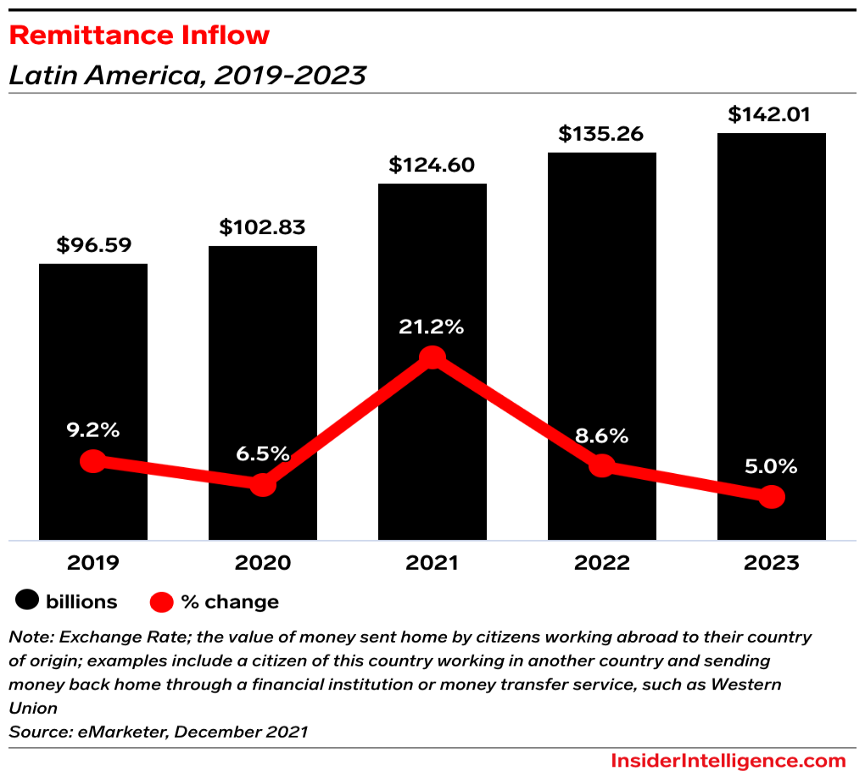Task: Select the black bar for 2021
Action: [432, 254]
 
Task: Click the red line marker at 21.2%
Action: [432, 358]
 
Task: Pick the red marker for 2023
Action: [771, 498]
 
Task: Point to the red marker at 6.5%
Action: [263, 485]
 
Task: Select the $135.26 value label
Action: [600, 134]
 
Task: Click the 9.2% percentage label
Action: [92, 430]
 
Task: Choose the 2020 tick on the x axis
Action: [263, 563]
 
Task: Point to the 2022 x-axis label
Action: [601, 563]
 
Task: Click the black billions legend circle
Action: [27, 602]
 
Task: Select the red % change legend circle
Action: [162, 602]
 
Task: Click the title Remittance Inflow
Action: [139, 36]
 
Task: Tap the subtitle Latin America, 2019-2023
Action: [187, 75]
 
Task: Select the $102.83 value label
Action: [262, 227]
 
